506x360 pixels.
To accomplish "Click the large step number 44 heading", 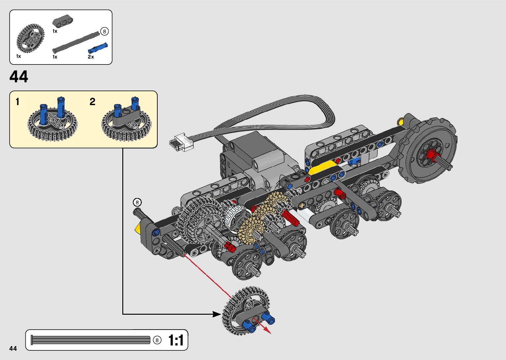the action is [x=19, y=76].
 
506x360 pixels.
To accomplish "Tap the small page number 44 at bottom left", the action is [x=13, y=348].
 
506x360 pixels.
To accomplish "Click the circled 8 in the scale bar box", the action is [x=157, y=340].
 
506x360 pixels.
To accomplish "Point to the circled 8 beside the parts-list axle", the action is [x=104, y=31].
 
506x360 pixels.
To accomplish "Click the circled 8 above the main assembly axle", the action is [x=137, y=202].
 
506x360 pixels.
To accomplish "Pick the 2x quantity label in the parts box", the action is [x=91, y=57].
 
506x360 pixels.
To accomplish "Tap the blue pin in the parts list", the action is [x=97, y=48].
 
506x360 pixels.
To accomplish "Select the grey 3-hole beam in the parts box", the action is [x=62, y=20].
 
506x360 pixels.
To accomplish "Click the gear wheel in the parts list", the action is [x=30, y=38].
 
